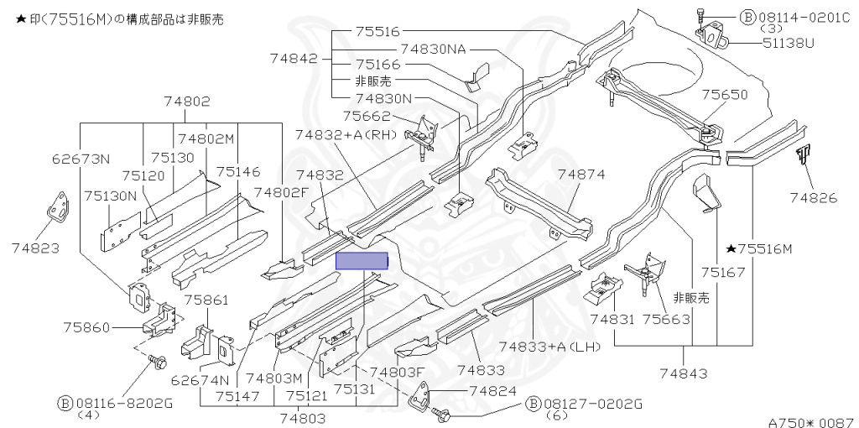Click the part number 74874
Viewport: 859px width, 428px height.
tap(581, 175)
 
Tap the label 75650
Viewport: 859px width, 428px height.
tap(724, 95)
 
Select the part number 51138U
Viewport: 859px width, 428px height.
tap(789, 43)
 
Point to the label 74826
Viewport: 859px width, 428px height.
tap(814, 197)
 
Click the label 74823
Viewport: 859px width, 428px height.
tap(35, 248)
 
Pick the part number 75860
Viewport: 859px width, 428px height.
tap(86, 327)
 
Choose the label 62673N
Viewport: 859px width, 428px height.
tap(81, 159)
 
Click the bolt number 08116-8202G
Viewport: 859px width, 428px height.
tap(122, 404)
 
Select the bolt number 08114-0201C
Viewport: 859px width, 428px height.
tap(803, 18)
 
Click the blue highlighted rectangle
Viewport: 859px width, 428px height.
tap(362, 261)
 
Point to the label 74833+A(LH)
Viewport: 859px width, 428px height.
tap(549, 347)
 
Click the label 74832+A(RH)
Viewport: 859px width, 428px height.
tap(346, 135)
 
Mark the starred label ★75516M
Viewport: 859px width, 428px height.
tap(759, 249)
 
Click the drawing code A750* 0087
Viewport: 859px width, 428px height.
tap(813, 422)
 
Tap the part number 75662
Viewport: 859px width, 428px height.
tap(367, 116)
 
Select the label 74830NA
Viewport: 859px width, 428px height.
tap(433, 50)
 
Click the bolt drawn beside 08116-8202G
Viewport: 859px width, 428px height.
tap(157, 362)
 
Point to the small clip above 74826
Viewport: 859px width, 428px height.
tap(803, 154)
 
